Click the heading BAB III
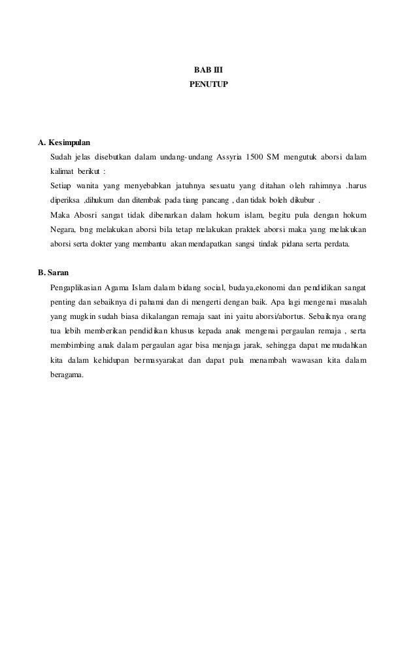point(208,71)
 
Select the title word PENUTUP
point(208,85)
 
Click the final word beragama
point(67,375)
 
